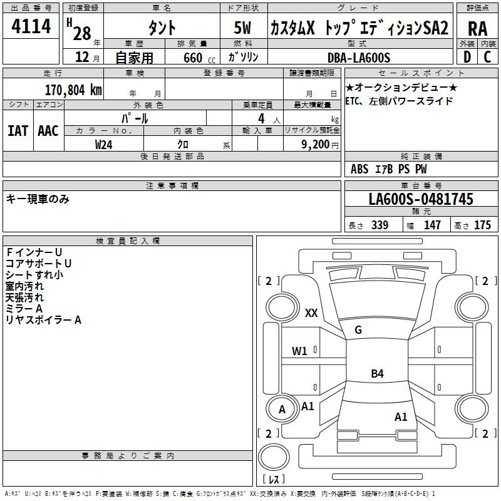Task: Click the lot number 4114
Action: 31,26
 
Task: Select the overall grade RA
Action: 478,29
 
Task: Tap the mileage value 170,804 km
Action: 73,90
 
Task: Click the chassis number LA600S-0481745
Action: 421,199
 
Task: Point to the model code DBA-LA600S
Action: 359,58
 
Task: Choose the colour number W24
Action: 103,145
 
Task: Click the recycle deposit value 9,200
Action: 315,145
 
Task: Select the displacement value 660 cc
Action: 199,58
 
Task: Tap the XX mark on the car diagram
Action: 311,312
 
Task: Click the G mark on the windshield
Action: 358,330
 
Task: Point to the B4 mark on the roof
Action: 378,373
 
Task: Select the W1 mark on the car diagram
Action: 299,351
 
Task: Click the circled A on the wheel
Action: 282,410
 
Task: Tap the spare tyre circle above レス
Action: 274,457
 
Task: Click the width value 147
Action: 432,225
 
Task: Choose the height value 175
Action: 482,225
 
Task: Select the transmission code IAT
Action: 18,131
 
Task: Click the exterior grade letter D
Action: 467,57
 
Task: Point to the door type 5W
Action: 242,28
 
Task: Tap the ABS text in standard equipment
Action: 359,169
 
